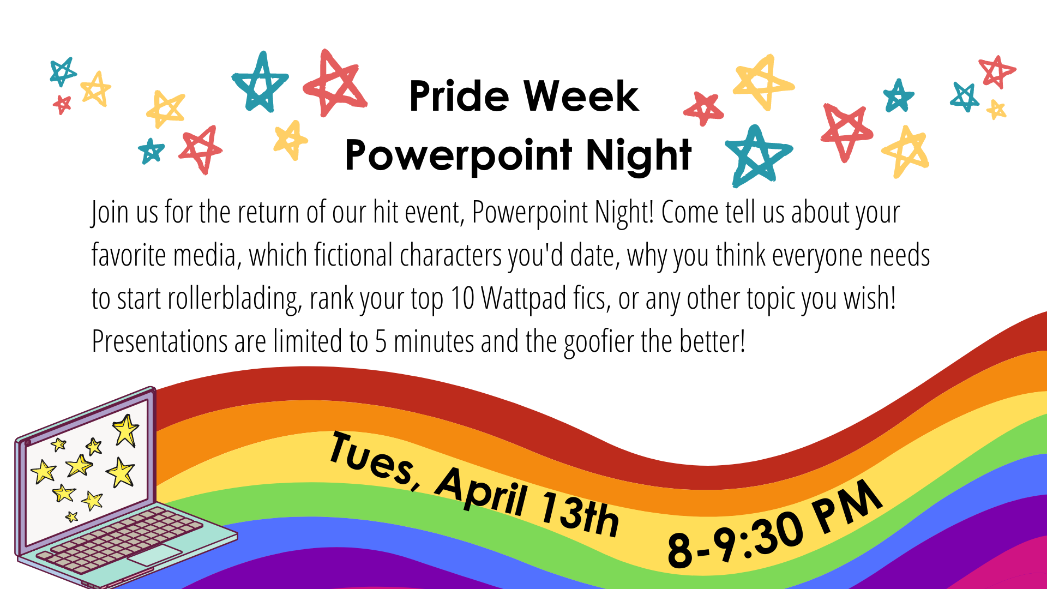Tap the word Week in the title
pos(581,96)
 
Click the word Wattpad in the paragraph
pos(524,298)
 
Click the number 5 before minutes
pos(381,342)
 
